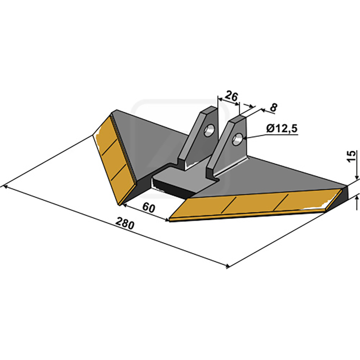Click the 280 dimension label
coord(125,223)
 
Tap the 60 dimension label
coord(148,208)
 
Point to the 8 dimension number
coord(274,108)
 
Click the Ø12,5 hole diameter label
coord(282,129)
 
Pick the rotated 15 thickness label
coord(352,156)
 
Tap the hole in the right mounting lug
coord(237,139)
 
